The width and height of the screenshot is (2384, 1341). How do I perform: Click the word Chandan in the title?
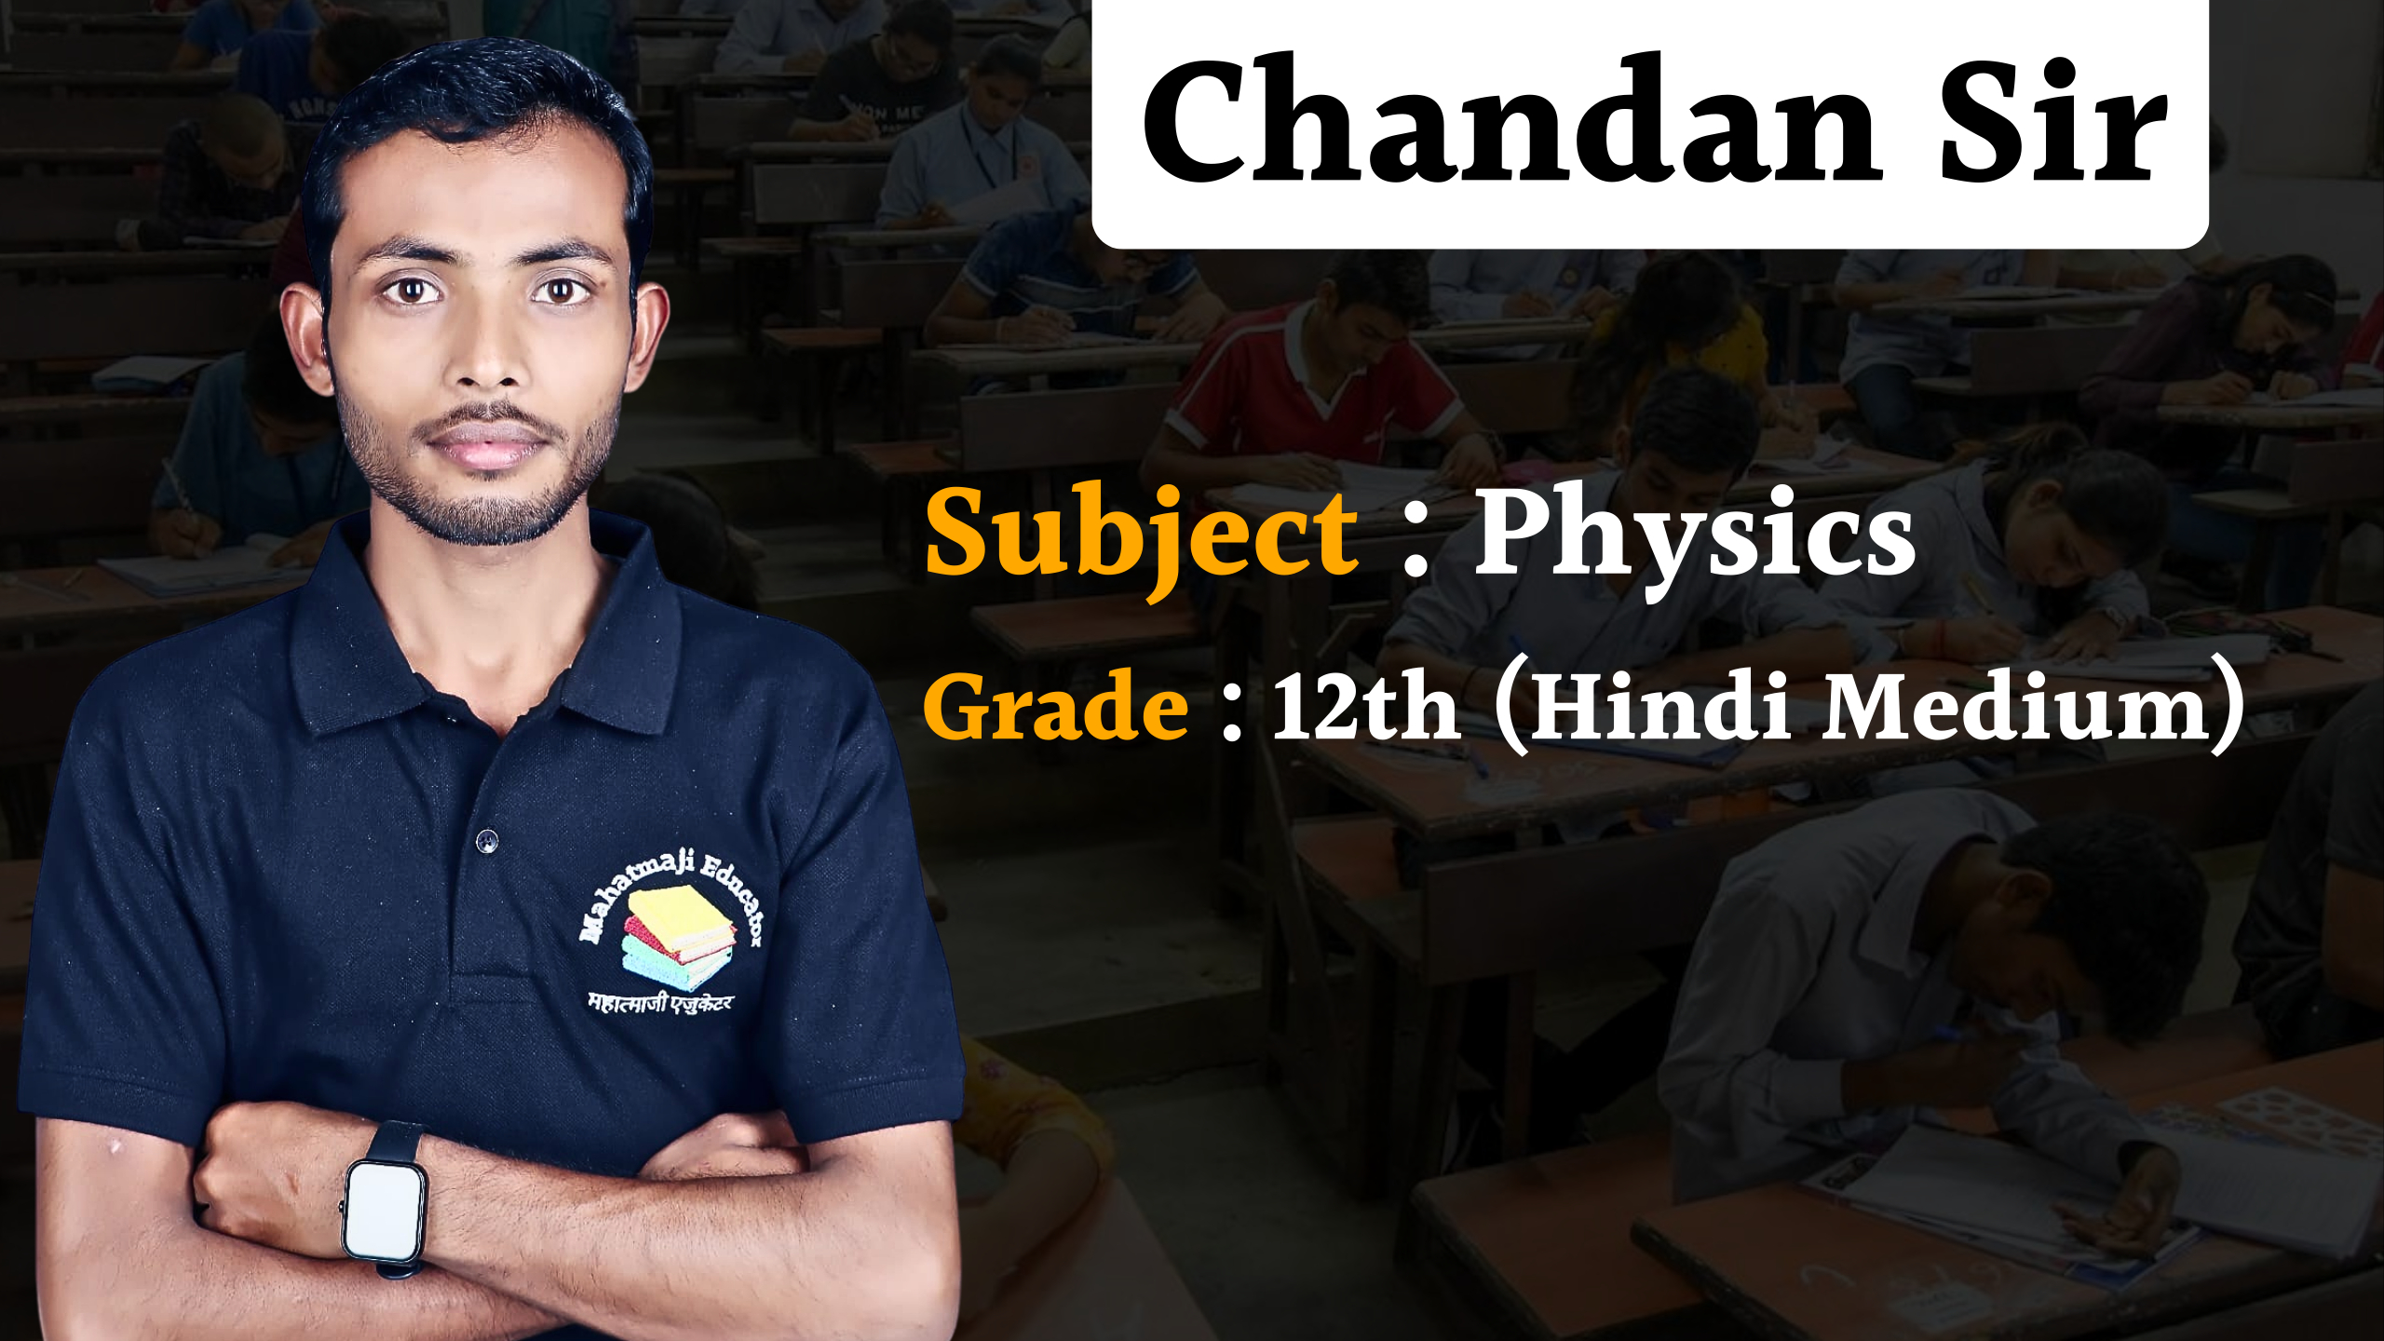coord(1510,118)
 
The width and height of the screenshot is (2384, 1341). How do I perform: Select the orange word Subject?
coord(1142,538)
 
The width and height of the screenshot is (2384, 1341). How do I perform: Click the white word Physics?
coord(1695,538)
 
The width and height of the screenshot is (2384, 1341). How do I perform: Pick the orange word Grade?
coord(1055,706)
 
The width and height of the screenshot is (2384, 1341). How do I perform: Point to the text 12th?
coord(1365,706)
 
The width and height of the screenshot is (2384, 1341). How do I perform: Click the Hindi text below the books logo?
coord(660,1003)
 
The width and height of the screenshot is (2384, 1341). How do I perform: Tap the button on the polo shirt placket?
coord(486,841)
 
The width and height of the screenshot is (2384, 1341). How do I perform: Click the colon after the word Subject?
coord(1415,549)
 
